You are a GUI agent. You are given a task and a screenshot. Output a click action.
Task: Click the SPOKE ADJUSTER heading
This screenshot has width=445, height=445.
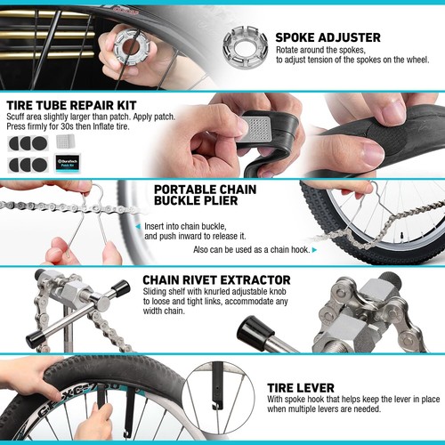point(328,37)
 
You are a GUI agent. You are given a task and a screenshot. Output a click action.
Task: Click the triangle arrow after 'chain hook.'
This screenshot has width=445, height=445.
point(314,250)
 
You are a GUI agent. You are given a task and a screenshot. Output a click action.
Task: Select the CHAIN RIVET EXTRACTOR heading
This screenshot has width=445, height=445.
point(216,280)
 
